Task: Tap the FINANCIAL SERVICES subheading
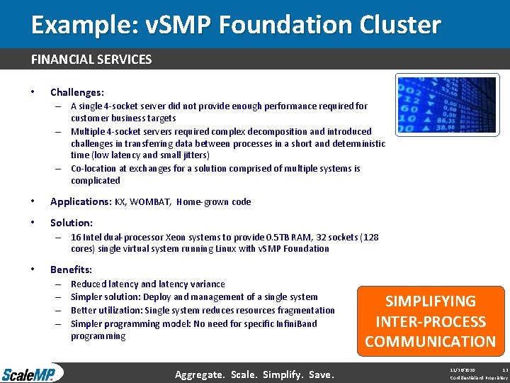point(91,60)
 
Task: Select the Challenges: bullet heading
point(76,92)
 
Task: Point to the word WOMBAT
point(149,201)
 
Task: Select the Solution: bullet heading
point(71,223)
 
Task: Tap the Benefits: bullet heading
point(71,270)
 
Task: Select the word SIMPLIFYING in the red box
point(430,301)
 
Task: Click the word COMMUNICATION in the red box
point(430,341)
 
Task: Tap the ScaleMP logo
point(32,373)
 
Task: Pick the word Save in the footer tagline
point(321,374)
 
